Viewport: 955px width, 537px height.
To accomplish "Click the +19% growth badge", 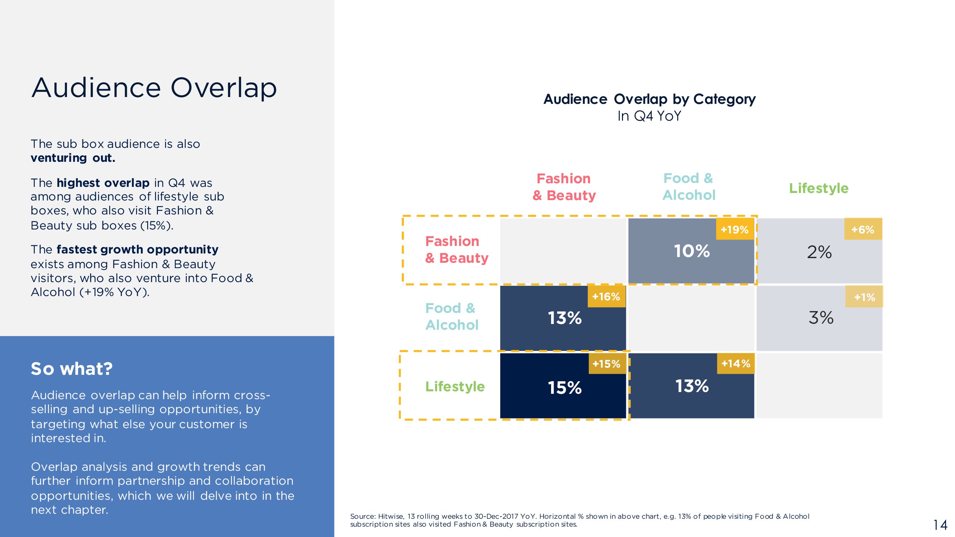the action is (x=735, y=229).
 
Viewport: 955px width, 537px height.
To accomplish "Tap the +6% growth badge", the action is (x=863, y=229).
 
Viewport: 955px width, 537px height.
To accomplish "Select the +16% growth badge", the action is (x=607, y=296).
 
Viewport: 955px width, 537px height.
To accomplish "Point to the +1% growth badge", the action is (x=864, y=296).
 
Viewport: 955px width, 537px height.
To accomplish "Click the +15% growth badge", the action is (x=607, y=364).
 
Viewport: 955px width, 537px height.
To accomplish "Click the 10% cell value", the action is (x=692, y=251).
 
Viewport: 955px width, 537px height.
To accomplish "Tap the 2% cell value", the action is (x=819, y=252).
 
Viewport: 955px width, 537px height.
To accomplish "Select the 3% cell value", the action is (x=821, y=318).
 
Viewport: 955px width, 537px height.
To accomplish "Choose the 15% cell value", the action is (x=565, y=388).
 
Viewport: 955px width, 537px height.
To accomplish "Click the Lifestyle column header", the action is (x=819, y=188).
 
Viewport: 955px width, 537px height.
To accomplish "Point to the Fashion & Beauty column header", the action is (x=564, y=187).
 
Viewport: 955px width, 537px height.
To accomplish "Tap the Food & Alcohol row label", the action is (x=452, y=316).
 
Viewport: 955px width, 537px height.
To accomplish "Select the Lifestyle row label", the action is (x=455, y=387).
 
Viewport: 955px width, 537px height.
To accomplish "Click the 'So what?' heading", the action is (x=72, y=369).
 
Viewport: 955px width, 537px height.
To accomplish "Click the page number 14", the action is (x=940, y=525).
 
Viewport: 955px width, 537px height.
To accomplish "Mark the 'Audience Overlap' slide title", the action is (x=154, y=87).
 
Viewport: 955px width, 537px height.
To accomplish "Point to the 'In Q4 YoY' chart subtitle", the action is (x=649, y=116).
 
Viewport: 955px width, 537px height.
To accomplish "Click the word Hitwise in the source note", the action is (x=391, y=516).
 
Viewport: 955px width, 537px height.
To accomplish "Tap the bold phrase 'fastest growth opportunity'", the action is (x=138, y=250).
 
